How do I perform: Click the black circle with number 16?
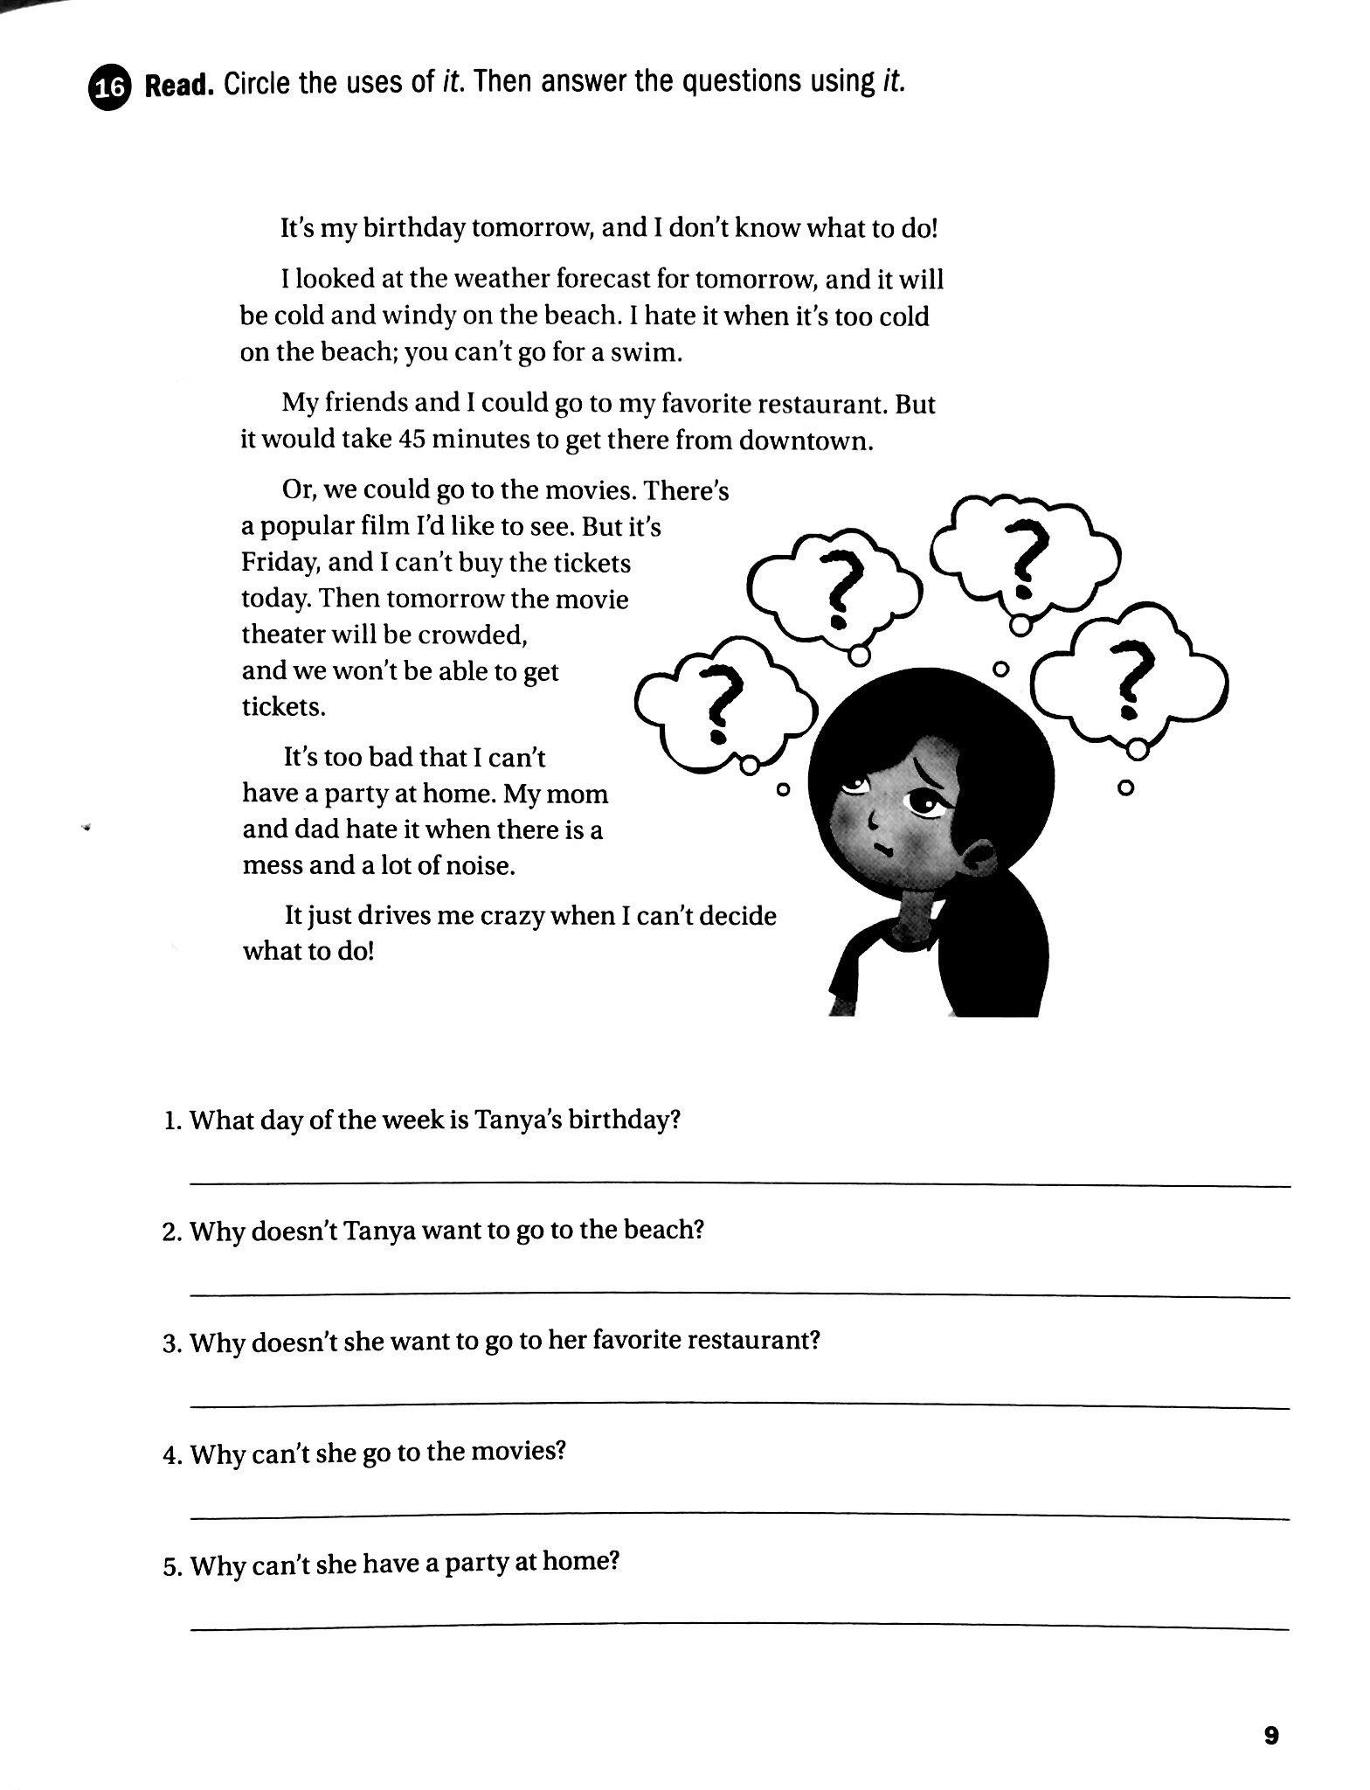click(109, 88)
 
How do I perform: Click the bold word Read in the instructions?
click(178, 87)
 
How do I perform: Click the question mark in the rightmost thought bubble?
click(1132, 679)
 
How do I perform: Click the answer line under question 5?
click(739, 1627)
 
